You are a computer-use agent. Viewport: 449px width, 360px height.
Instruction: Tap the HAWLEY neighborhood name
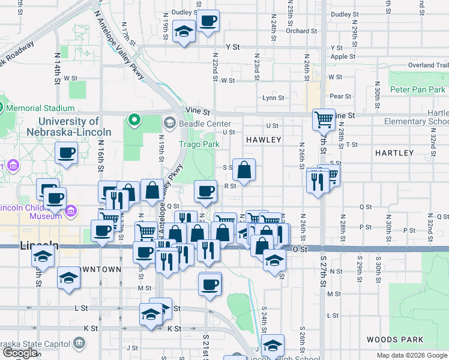tap(263, 140)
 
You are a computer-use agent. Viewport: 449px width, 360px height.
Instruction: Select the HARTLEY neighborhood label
tap(394, 153)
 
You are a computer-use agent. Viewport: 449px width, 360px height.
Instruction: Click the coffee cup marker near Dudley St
tap(208, 22)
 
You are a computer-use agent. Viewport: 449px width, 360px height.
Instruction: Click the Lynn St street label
tap(273, 98)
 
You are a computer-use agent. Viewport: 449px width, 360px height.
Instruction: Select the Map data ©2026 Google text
tap(412, 355)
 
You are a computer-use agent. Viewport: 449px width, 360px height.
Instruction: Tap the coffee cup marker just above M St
tap(209, 284)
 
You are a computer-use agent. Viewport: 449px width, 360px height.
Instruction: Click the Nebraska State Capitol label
tap(35, 344)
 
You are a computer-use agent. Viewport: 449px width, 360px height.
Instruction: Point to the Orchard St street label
tap(297, 31)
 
